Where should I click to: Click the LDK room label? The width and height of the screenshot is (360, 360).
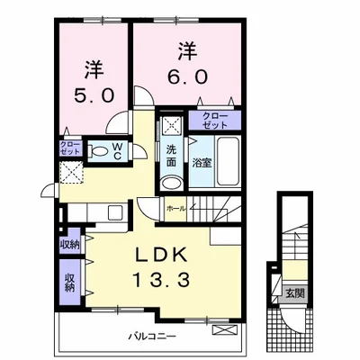pos(161,256)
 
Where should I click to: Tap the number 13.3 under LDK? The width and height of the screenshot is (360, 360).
pos(161,280)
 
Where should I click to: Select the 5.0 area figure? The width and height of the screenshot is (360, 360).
pos(94,95)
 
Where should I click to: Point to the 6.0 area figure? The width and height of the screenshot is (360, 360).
pos(187,76)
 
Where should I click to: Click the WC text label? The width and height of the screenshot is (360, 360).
pos(117,151)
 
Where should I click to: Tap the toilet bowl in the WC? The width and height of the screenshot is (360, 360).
pos(97,151)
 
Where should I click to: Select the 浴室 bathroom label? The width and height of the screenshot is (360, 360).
pos(202,163)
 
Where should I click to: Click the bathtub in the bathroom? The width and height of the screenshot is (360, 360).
pos(229,161)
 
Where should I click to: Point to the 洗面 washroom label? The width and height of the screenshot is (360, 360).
pos(171,156)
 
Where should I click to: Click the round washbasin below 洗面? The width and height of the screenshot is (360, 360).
pos(171,183)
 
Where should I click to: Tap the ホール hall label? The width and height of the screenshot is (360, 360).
pos(176,209)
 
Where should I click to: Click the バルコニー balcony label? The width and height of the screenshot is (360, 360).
pos(152,336)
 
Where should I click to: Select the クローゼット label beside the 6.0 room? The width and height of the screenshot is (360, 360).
pos(215,121)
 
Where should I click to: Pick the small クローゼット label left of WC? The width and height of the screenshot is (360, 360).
pos(70,148)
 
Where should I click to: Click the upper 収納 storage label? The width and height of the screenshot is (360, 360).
pos(70,245)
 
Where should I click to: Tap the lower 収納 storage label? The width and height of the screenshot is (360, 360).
pos(70,283)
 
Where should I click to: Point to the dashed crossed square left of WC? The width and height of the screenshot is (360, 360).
pos(71,172)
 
